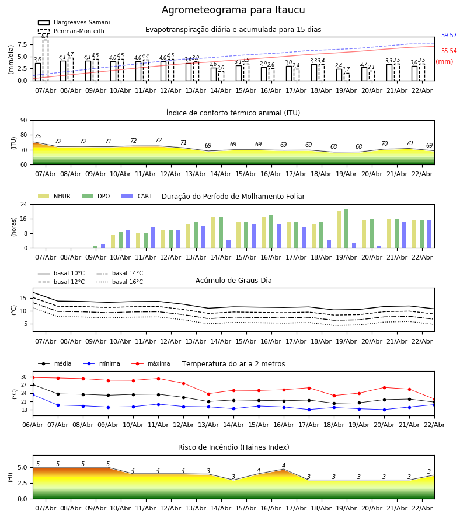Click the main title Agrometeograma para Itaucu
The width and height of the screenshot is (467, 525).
click(233, 10)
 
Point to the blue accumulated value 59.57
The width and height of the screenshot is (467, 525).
click(449, 36)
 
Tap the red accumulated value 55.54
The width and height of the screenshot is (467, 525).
click(449, 51)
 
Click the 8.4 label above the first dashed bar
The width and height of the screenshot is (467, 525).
click(45, 36)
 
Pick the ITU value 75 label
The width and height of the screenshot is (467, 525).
click(38, 136)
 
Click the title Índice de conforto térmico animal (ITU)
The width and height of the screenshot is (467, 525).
click(233, 113)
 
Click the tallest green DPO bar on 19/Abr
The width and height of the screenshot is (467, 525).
click(346, 229)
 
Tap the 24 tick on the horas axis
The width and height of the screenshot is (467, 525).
click(25, 205)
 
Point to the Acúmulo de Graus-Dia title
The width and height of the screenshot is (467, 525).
click(233, 281)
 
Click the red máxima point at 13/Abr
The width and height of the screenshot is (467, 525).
click(208, 394)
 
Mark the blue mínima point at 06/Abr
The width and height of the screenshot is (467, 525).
click(33, 395)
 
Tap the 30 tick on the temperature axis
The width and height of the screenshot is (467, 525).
click(25, 377)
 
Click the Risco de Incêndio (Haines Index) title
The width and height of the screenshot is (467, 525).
click(233, 447)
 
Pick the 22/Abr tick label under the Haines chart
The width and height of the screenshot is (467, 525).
click(422, 509)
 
